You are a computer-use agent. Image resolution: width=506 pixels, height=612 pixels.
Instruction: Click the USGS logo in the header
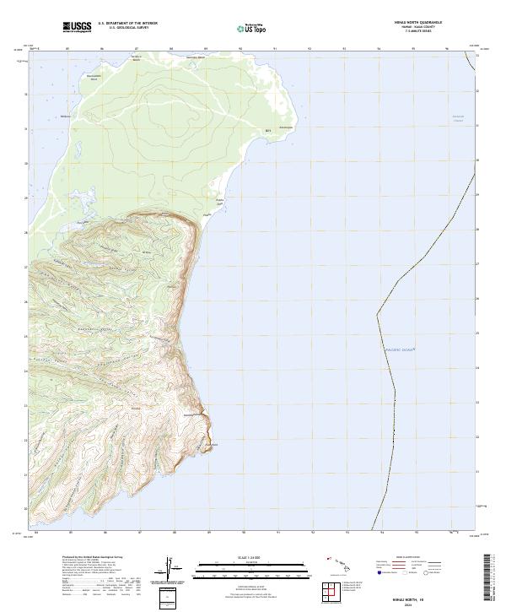(77, 27)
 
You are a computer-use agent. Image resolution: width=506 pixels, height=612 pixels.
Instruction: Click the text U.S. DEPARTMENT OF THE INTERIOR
(127, 24)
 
